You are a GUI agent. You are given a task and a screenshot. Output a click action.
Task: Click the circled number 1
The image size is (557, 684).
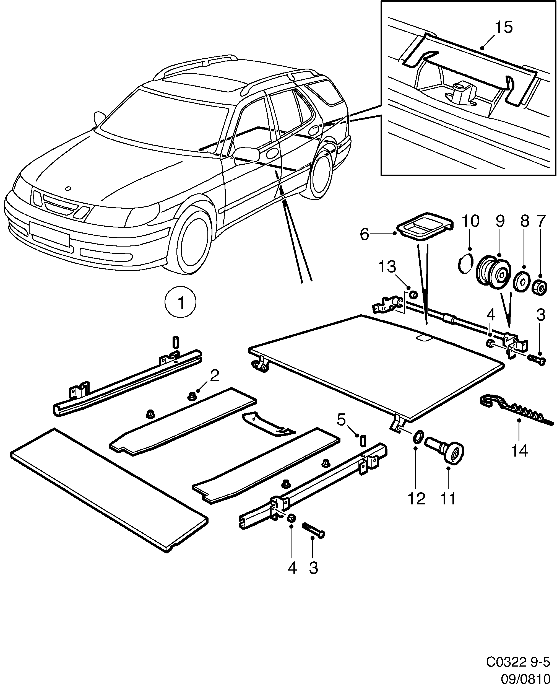pyautogui.click(x=180, y=303)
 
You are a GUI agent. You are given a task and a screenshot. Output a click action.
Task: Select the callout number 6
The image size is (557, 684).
pyautogui.click(x=364, y=234)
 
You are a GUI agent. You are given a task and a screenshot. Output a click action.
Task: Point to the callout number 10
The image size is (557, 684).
pyautogui.click(x=470, y=221)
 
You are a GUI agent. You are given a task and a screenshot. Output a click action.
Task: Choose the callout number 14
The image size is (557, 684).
pyautogui.click(x=519, y=451)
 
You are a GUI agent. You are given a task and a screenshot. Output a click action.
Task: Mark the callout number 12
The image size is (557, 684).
pyautogui.click(x=416, y=499)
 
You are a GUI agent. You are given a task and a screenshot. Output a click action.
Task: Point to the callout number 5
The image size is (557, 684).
pyautogui.click(x=341, y=420)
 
